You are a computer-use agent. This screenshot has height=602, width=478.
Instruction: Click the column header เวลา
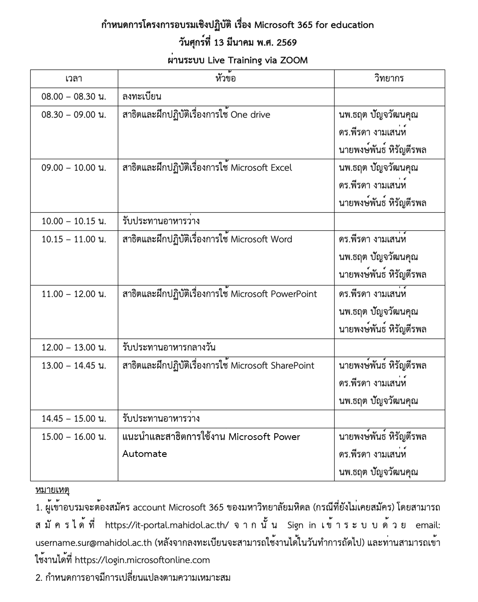tap(74, 79)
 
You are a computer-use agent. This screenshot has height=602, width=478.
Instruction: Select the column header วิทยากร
tap(389, 79)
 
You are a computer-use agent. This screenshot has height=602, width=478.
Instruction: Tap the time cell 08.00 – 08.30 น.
tap(74, 97)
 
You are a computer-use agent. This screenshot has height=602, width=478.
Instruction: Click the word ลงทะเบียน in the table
tap(142, 97)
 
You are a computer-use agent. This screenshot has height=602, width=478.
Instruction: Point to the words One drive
tap(250, 115)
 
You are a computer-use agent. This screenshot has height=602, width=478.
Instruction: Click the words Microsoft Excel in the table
tap(261, 168)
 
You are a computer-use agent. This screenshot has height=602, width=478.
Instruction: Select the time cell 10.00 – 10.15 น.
tap(74, 221)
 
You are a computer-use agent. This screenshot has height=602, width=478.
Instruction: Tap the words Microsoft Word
tap(261, 239)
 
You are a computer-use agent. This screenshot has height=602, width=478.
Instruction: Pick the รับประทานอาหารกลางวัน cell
tap(169, 348)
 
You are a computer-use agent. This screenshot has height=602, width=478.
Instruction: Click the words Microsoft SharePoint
tap(272, 366)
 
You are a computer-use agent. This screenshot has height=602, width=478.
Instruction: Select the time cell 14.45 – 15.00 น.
tap(74, 419)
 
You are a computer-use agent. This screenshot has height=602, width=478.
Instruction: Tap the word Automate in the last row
tap(145, 454)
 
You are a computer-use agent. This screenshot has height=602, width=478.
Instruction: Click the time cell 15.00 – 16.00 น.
tap(74, 437)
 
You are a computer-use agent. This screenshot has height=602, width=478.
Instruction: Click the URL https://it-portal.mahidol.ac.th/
tap(167, 526)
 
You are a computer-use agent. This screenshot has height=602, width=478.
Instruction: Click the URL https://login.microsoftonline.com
tap(142, 560)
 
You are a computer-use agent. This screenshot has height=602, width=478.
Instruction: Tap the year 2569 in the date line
tap(286, 43)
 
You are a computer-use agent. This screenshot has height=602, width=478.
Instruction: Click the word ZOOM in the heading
tap(293, 60)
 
